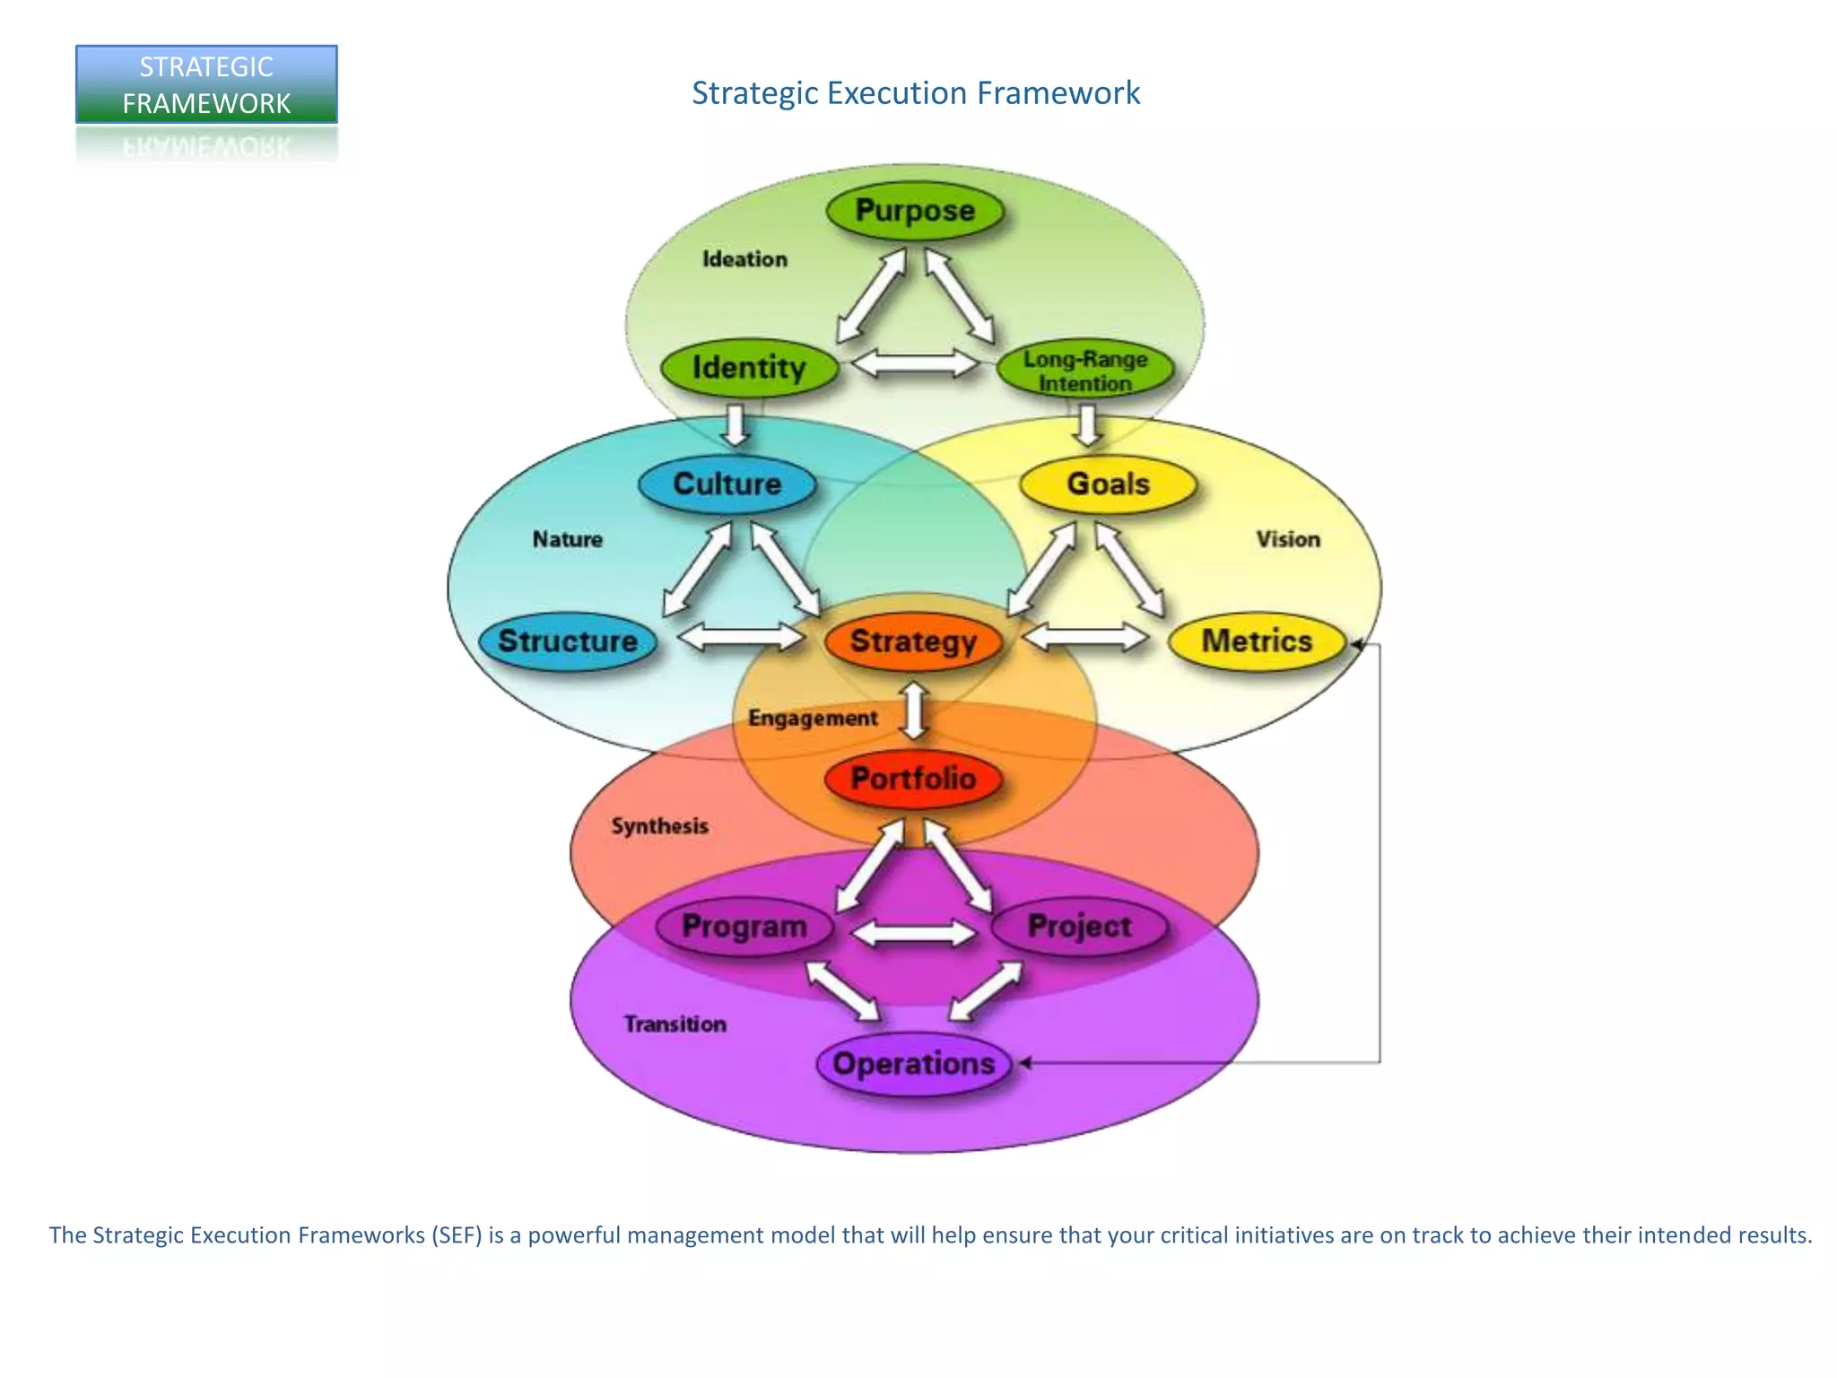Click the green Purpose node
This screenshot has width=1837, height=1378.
pyautogui.click(x=914, y=212)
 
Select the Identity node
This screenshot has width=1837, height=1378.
pyautogui.click(x=749, y=368)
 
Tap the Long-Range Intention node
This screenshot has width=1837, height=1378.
pyautogui.click(x=1084, y=371)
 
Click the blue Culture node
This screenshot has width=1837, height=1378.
pyautogui.click(x=727, y=484)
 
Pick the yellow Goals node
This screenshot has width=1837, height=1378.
pyautogui.click(x=1108, y=484)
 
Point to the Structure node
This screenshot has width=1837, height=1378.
pyautogui.click(x=568, y=641)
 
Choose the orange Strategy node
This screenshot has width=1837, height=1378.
pyautogui.click(x=913, y=641)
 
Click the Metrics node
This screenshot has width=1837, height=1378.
pyautogui.click(x=1257, y=641)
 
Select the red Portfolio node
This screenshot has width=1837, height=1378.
pyautogui.click(x=913, y=779)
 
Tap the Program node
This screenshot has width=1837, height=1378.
pyautogui.click(x=744, y=926)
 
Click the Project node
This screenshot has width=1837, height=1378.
pyautogui.click(x=1079, y=926)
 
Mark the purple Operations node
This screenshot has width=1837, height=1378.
pyautogui.click(x=914, y=1064)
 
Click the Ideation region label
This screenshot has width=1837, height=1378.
pyautogui.click(x=744, y=259)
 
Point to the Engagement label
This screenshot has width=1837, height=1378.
pyautogui.click(x=813, y=719)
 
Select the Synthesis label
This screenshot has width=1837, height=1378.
pyautogui.click(x=659, y=826)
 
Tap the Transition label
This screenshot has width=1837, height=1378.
pyautogui.click(x=675, y=1025)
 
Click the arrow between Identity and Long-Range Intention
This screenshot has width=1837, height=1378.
pyautogui.click(x=916, y=364)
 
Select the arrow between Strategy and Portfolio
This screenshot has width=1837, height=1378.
pyautogui.click(x=914, y=710)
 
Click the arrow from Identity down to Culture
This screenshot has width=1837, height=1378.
pyautogui.click(x=736, y=424)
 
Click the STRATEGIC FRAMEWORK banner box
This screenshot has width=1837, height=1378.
pyautogui.click(x=206, y=84)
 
